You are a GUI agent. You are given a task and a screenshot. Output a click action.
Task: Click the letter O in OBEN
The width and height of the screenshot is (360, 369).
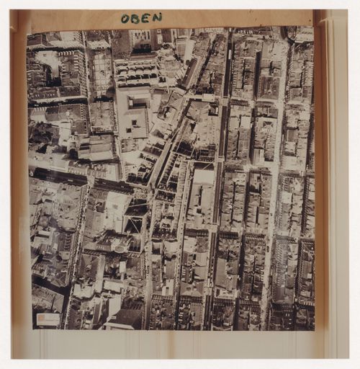pyautogui.click(x=125, y=18)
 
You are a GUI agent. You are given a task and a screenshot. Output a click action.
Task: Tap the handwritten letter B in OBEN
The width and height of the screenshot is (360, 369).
pyautogui.click(x=135, y=18)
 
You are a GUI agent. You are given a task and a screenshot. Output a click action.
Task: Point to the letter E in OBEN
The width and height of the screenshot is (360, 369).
pyautogui.click(x=145, y=17)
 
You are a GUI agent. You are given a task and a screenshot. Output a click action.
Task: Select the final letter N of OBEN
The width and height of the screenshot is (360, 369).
pyautogui.click(x=156, y=17)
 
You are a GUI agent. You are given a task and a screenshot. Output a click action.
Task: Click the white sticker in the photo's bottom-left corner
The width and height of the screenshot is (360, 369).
pyautogui.click(x=48, y=319)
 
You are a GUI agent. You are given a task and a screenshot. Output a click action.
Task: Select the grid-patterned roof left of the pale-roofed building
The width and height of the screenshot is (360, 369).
pyautogui.click(x=102, y=73)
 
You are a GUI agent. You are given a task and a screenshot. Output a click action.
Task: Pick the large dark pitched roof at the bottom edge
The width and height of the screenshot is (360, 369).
pyautogui.click(x=124, y=317)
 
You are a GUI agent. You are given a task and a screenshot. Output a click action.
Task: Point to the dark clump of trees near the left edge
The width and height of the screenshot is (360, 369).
pyautogui.click(x=41, y=133)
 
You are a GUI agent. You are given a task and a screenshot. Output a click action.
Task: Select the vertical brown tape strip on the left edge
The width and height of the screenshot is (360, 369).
pyautogui.click(x=19, y=187)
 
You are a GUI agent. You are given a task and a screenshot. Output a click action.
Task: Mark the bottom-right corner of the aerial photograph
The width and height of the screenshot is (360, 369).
pyautogui.click(x=313, y=329)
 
